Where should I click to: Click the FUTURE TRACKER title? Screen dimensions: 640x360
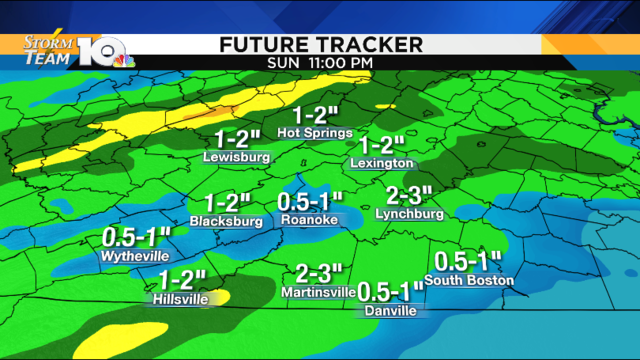[x=320, y=44]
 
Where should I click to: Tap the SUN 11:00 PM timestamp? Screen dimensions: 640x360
[x=320, y=63]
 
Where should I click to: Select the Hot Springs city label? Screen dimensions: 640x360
[x=314, y=132]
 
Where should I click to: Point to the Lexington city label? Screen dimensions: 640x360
[x=382, y=162]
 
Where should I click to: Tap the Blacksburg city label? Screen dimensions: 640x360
[x=226, y=220]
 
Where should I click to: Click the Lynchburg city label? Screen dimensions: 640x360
[x=408, y=213]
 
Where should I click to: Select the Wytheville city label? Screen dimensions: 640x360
[x=135, y=256]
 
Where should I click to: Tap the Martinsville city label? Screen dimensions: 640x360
[x=319, y=292]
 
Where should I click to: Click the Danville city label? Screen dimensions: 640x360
[x=390, y=311]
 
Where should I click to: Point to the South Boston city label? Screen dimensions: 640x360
[x=469, y=280]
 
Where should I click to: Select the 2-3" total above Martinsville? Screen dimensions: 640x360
[x=319, y=272]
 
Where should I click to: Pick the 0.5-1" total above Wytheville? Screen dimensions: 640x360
[x=137, y=237]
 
